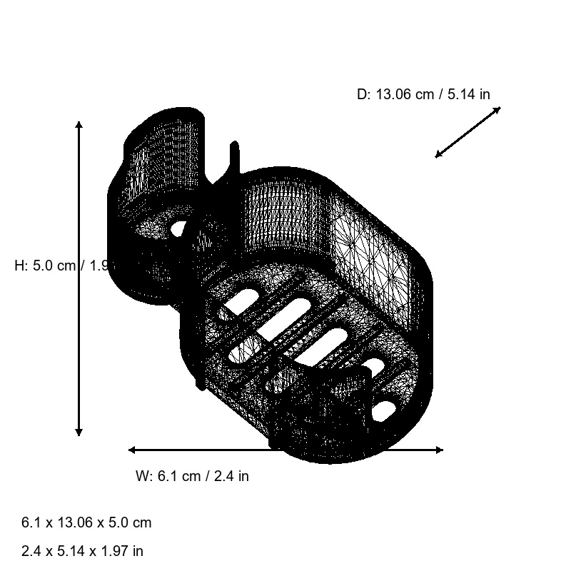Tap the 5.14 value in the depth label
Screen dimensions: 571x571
click(x=460, y=94)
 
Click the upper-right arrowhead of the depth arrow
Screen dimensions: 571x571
click(x=497, y=109)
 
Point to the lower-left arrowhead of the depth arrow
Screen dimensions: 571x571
click(x=438, y=155)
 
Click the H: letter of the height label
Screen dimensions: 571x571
click(x=22, y=266)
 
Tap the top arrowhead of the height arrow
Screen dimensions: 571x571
click(x=79, y=124)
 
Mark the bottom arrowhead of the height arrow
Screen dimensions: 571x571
click(x=79, y=433)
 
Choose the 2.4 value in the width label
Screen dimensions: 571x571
click(x=227, y=476)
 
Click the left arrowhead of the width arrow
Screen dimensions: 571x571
click(x=131, y=450)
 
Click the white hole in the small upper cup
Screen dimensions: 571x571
click(x=178, y=228)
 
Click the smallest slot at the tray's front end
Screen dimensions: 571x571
click(x=385, y=410)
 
